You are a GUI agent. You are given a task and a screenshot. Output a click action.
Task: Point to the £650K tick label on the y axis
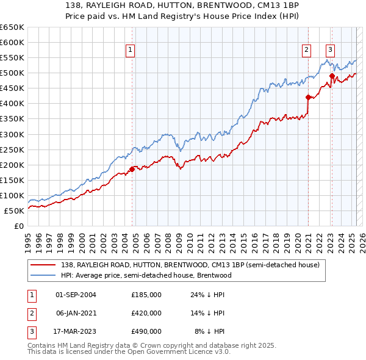pos(12,27)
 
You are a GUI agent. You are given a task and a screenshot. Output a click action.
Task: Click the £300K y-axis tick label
pos(12,134)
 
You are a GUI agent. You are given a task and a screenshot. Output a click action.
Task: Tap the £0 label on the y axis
pos(19,226)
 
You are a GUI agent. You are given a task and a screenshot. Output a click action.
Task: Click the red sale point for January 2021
pos(308,97)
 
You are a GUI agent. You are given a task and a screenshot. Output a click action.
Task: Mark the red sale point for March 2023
pos(332,76)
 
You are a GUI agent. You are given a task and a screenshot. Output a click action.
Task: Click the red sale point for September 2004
pos(132,169)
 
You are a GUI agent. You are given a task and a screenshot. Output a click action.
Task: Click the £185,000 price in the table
pos(146,295)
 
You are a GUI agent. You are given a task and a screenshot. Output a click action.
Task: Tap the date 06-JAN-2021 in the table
pos(76,313)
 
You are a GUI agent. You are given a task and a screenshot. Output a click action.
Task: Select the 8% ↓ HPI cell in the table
pos(209,331)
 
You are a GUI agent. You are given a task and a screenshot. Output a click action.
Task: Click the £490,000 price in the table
pos(146,331)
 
